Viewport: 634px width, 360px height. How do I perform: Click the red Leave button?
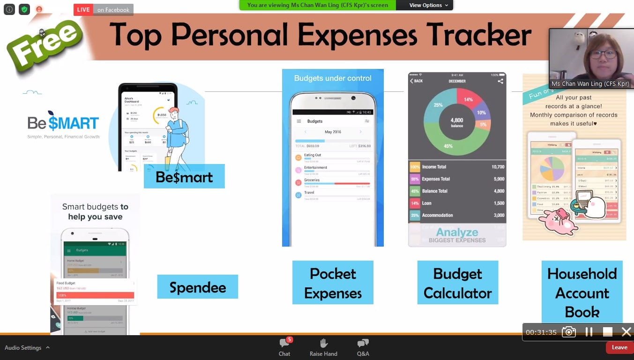click(x=619, y=347)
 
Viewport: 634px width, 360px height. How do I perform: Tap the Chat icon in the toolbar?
click(x=284, y=347)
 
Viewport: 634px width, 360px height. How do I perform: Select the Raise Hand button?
click(x=323, y=347)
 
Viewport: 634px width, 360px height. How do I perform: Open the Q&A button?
click(x=363, y=347)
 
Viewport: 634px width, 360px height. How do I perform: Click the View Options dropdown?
click(x=428, y=5)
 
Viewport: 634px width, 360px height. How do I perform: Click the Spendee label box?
click(x=197, y=287)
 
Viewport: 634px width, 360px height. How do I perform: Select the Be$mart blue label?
click(x=184, y=177)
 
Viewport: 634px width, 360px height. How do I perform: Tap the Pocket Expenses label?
click(x=333, y=283)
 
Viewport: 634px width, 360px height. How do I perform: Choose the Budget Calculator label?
click(x=457, y=283)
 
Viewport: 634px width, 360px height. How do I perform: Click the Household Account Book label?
click(x=582, y=292)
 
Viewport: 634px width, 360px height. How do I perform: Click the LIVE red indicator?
click(x=83, y=10)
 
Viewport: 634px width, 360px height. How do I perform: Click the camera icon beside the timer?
click(x=569, y=332)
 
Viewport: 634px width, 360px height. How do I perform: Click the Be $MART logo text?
click(x=63, y=123)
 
